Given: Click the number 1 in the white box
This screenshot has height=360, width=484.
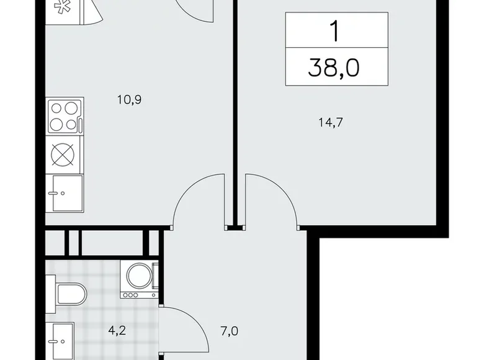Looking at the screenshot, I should (x=336, y=31).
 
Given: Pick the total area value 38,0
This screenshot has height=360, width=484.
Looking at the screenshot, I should (x=336, y=67).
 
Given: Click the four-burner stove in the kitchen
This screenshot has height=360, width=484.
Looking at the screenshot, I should (x=65, y=116).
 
